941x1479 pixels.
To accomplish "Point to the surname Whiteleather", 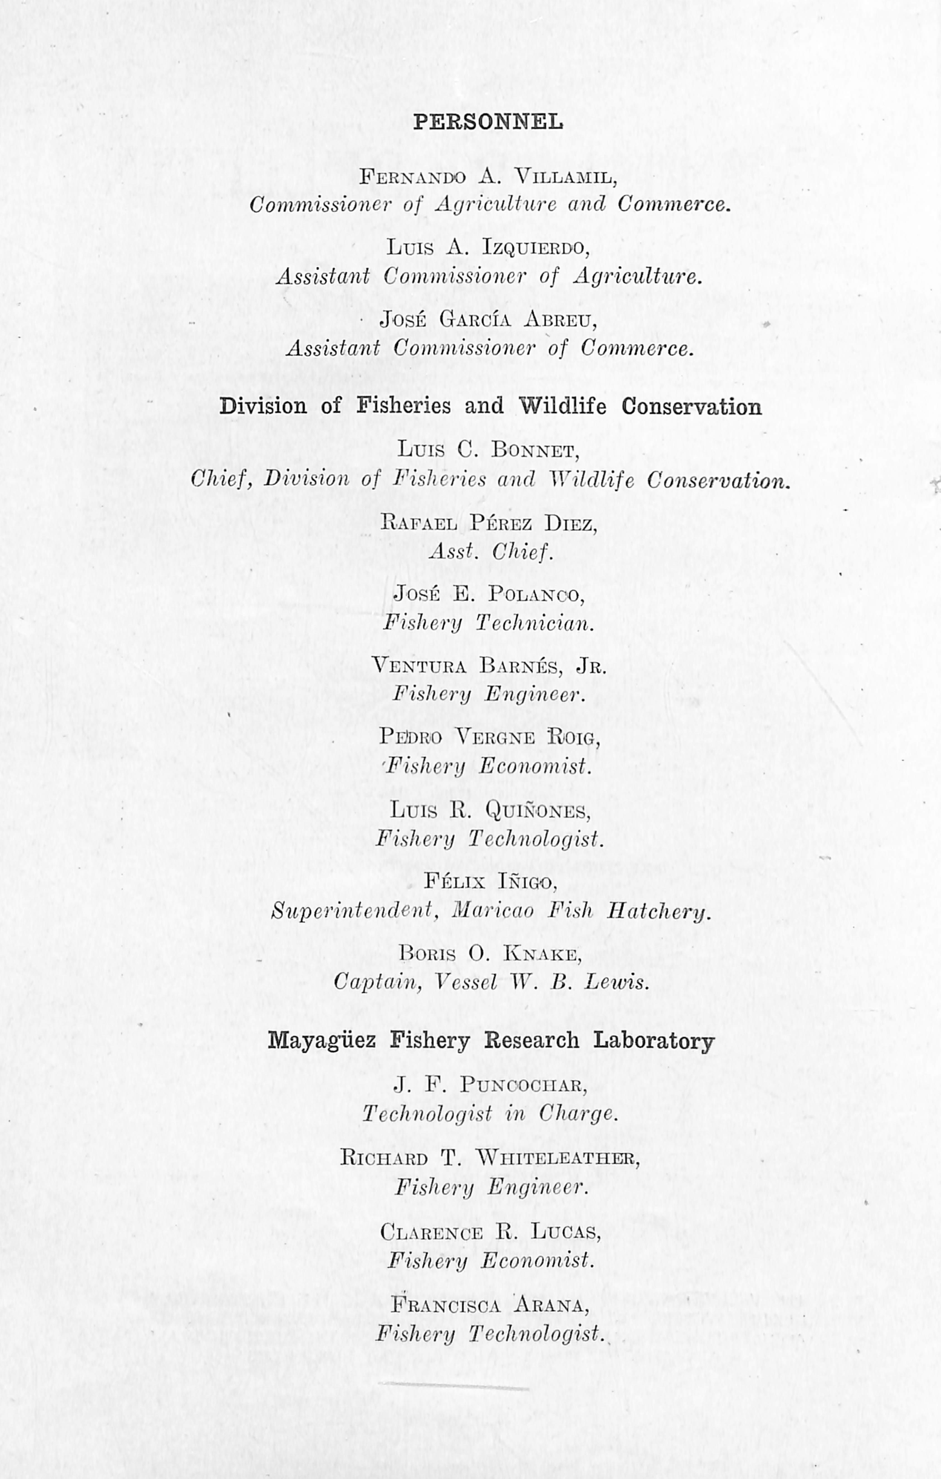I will point(558,1158).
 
